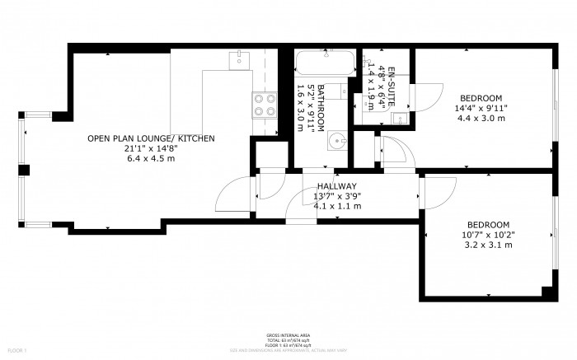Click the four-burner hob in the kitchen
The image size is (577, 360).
tap(264, 105)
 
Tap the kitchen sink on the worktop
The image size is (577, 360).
tap(239, 58)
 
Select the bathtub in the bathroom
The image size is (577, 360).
tap(323, 63)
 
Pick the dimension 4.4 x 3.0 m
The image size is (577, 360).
tap(481, 118)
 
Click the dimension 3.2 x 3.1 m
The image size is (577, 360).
tap(487, 245)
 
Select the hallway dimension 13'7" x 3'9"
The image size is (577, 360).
tap(335, 197)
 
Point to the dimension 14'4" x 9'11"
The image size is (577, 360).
tap(481, 108)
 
